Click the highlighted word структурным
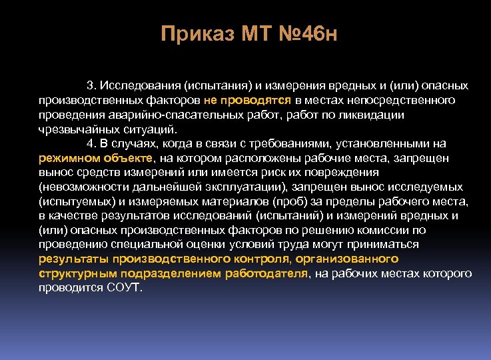tap(73, 273)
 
